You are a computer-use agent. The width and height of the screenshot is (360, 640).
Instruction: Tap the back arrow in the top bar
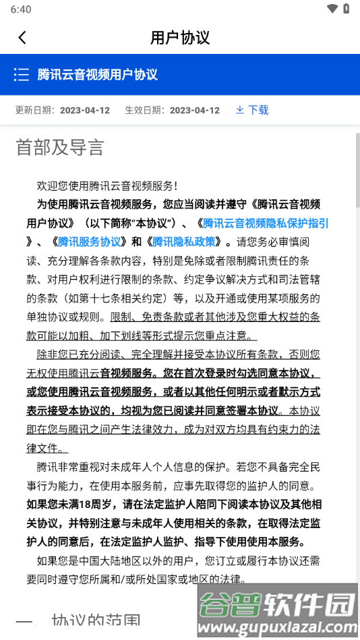(x=22, y=38)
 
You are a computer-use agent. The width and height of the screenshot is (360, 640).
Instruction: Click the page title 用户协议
(x=180, y=38)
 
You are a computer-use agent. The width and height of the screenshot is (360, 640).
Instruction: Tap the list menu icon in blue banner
(x=22, y=74)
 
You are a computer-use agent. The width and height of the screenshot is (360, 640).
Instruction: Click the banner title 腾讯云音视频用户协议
(x=98, y=74)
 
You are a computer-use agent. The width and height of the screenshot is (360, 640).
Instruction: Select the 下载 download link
(x=252, y=110)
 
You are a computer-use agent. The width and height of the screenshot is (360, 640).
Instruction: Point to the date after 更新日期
(x=85, y=110)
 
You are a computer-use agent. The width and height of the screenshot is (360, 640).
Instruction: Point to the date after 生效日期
(x=195, y=110)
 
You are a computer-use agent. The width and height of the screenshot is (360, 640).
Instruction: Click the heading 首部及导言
(x=60, y=148)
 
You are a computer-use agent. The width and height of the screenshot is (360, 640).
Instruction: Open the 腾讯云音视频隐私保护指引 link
(x=266, y=223)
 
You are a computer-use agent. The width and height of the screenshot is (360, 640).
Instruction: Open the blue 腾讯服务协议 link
(x=89, y=242)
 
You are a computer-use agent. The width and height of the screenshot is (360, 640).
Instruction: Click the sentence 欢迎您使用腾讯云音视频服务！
(x=107, y=185)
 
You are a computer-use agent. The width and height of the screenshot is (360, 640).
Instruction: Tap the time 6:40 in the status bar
(x=22, y=9)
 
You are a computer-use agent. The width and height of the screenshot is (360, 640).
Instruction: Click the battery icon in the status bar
(x=347, y=9)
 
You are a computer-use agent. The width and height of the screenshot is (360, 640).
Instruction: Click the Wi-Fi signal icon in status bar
(x=332, y=9)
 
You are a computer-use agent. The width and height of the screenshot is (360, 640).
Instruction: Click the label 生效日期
(x=144, y=110)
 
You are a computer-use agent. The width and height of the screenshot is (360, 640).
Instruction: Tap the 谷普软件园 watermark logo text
(x=276, y=605)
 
